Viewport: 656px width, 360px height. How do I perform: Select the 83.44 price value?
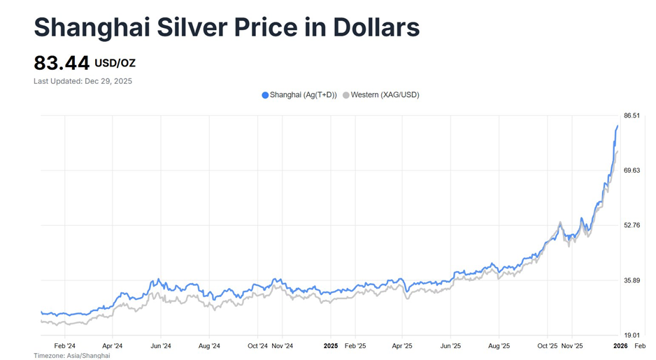(62, 64)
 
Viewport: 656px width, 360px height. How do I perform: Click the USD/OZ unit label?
(115, 64)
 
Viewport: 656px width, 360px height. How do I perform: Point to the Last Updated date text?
(83, 81)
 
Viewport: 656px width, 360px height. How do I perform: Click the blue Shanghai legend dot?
(265, 95)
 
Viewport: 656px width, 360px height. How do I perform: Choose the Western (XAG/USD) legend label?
(385, 95)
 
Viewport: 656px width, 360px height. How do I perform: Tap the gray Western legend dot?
(345, 95)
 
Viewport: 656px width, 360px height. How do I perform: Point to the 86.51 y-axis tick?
(632, 115)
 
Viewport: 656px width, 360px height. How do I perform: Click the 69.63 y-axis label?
(632, 171)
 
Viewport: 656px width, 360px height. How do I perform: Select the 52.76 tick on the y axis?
(632, 225)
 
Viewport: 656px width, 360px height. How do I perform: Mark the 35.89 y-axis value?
(632, 280)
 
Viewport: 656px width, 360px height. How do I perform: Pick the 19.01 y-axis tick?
(632, 335)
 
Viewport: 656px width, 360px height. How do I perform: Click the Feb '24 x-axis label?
(64, 345)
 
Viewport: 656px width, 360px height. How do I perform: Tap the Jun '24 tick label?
(161, 345)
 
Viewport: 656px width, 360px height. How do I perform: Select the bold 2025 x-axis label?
(331, 345)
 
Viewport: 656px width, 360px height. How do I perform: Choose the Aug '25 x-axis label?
(499, 345)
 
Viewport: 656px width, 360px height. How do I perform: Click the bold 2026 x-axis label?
(620, 345)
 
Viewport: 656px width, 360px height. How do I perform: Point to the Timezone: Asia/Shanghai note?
(71, 356)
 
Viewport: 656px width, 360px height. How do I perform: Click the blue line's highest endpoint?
(618, 126)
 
